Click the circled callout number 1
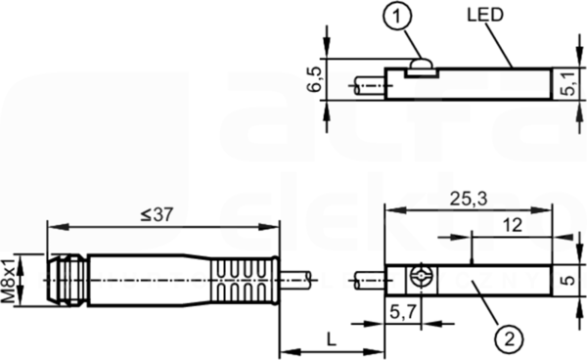pyautogui.click(x=397, y=16)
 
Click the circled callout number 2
pyautogui.click(x=509, y=339)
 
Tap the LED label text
pyautogui.click(x=485, y=15)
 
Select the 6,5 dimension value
pyautogui.click(x=314, y=79)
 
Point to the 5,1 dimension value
pyautogui.click(x=568, y=84)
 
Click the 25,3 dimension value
pyautogui.click(x=469, y=199)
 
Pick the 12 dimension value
pyautogui.click(x=512, y=225)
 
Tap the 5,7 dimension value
pyautogui.click(x=403, y=311)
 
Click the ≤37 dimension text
pyautogui.click(x=158, y=214)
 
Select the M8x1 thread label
pyautogui.click(x=8, y=281)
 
